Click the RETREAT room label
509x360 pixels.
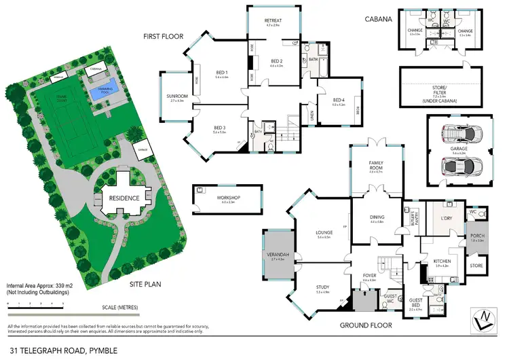click(x=272, y=21)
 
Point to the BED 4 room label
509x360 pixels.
click(x=338, y=103)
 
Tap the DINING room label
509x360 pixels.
click(x=377, y=219)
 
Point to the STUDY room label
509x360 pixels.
click(x=322, y=289)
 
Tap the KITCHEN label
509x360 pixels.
click(x=442, y=263)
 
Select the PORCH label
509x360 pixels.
click(x=478, y=237)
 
